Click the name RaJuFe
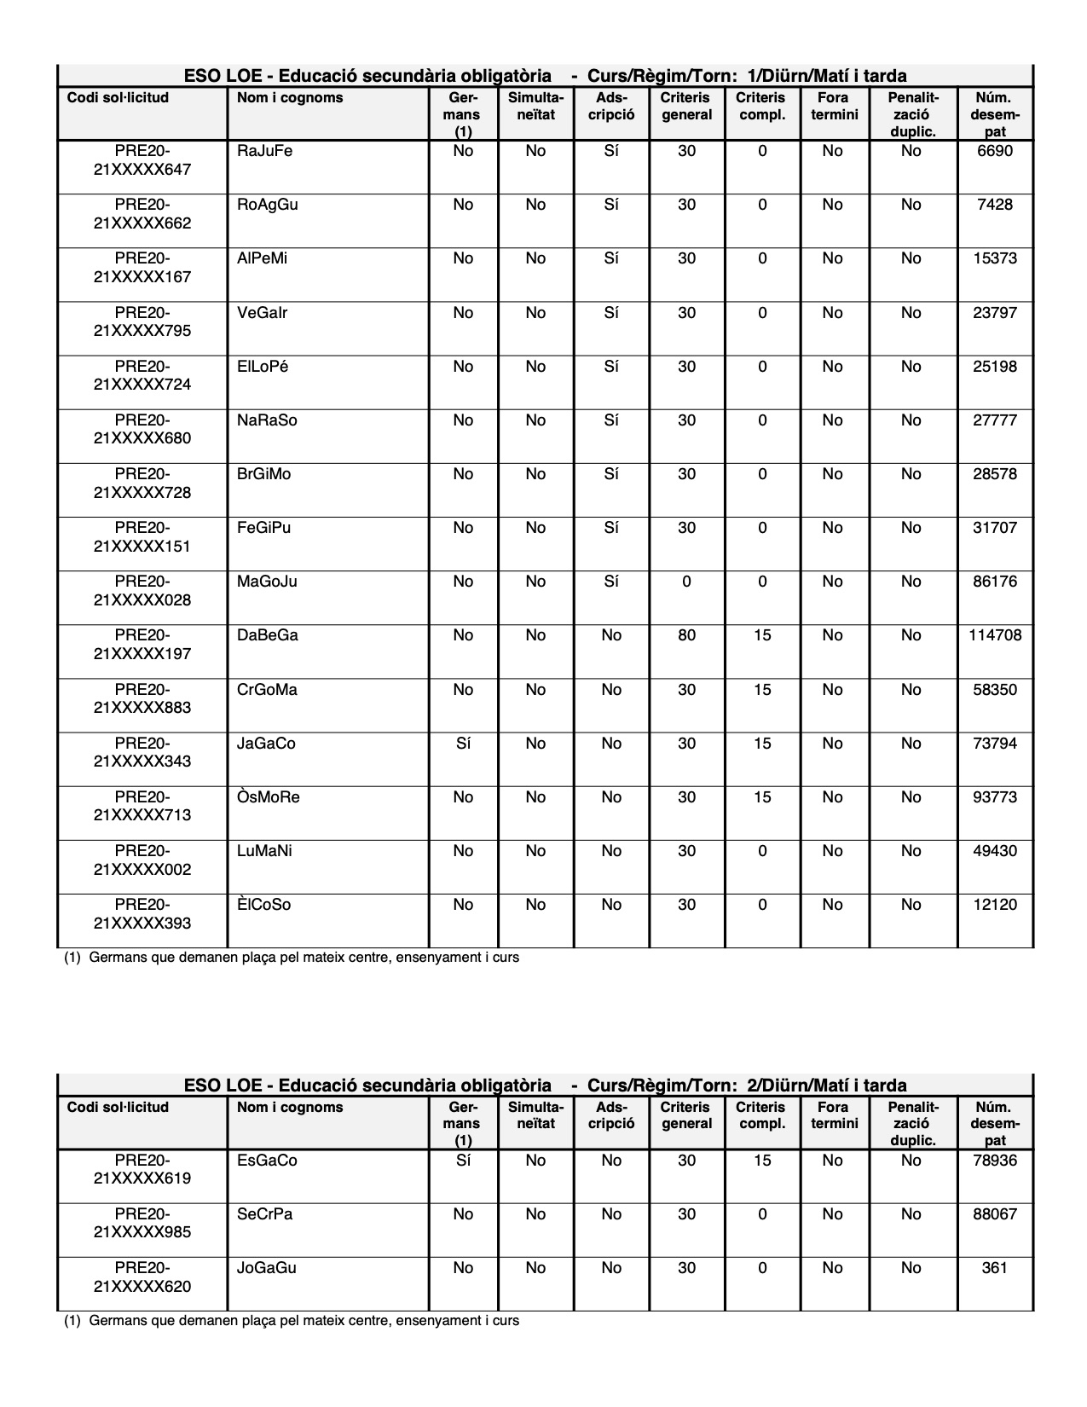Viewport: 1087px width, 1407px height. click(x=264, y=152)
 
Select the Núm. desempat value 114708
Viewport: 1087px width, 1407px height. click(x=995, y=635)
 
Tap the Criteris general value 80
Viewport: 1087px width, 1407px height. click(x=686, y=635)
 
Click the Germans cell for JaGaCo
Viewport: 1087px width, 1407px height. click(x=463, y=744)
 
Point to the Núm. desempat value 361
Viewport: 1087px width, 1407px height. click(x=995, y=1268)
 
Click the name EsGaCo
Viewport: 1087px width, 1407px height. click(x=267, y=1161)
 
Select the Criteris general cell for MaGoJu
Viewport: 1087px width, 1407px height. click(x=686, y=582)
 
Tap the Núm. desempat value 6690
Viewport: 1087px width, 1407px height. click(x=995, y=152)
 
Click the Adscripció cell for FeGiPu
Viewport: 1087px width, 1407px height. click(x=611, y=528)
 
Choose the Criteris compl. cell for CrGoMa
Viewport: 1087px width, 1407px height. click(x=762, y=690)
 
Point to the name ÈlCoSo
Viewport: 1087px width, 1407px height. click(x=263, y=905)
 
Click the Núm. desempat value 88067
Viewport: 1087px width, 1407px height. click(x=995, y=1214)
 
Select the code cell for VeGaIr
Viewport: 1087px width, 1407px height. click(x=142, y=321)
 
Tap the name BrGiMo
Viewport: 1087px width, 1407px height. click(x=263, y=474)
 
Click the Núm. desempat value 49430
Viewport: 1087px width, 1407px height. click(x=995, y=851)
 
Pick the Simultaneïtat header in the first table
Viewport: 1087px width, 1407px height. click(x=535, y=107)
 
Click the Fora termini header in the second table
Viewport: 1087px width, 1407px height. click(x=834, y=1115)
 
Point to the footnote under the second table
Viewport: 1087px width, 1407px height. click(x=292, y=1321)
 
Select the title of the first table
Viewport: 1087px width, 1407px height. click(x=545, y=76)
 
